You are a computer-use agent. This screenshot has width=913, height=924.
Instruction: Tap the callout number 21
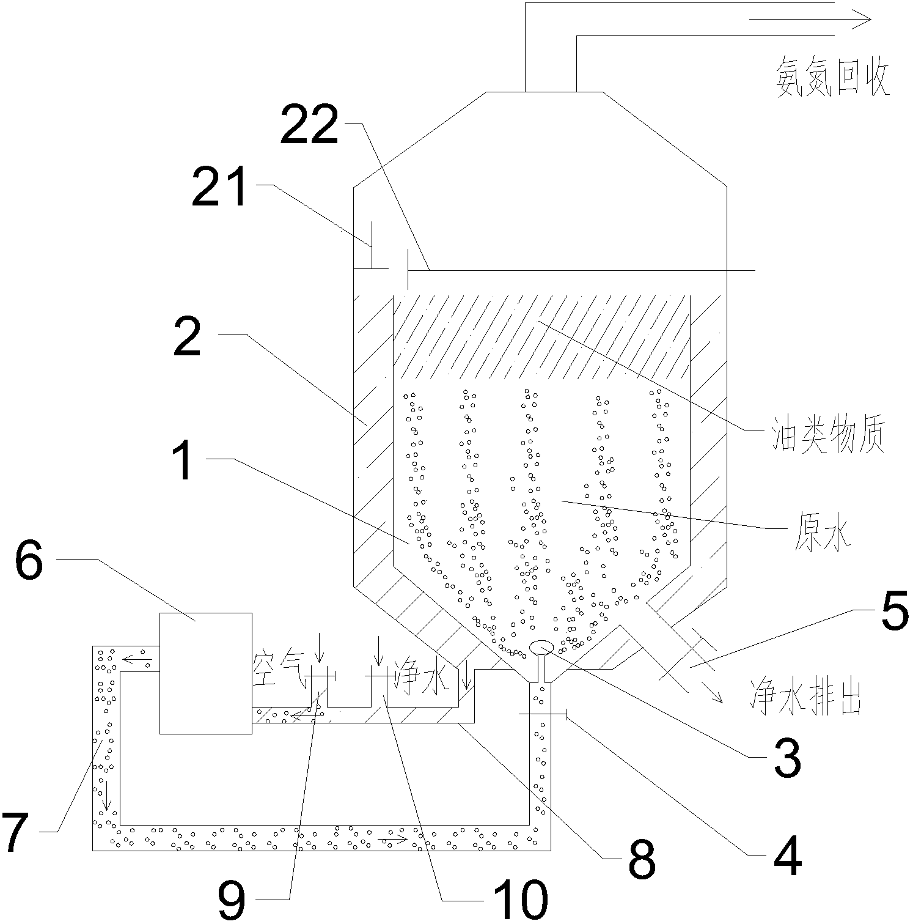(219, 188)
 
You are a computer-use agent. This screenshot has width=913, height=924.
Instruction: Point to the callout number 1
(183, 463)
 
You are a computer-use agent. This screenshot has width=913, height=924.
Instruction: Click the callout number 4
(787, 857)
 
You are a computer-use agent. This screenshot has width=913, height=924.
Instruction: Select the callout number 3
(787, 758)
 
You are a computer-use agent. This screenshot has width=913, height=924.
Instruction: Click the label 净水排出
(805, 700)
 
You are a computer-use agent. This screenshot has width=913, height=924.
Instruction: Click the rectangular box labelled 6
(205, 673)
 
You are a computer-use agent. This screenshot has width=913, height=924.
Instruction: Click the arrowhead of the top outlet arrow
(864, 20)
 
